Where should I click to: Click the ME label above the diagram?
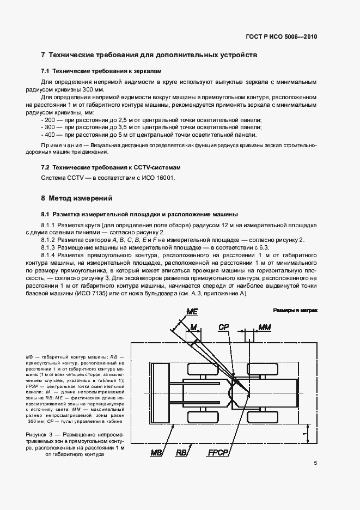pos(192,311)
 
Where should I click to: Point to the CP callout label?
pos(224,327)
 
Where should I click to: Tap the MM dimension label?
pos(265,327)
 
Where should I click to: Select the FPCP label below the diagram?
pos(218,453)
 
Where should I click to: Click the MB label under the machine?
pos(157,453)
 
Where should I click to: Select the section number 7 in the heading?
pos(44,55)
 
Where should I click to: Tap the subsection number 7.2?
pos(46,167)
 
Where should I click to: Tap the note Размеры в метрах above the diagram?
pos(295,310)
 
